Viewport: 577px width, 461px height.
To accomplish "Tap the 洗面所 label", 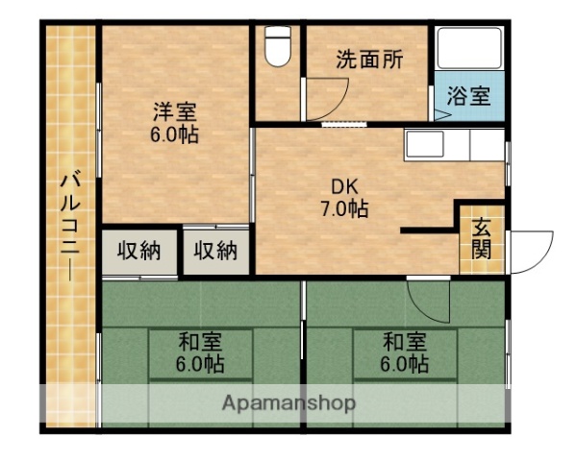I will click(368, 59).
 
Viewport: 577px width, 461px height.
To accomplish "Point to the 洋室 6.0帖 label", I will click(174, 121).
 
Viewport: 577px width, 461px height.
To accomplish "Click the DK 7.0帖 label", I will click(344, 195).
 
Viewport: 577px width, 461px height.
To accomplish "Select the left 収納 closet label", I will click(139, 251).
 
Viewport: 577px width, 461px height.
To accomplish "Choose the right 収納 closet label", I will click(215, 251).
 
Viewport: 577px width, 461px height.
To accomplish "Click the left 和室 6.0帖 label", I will click(200, 352).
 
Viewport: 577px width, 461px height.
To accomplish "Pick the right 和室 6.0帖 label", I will click(404, 352).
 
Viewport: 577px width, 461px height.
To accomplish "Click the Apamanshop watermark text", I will click(288, 402).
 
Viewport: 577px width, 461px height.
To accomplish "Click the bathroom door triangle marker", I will click(440, 114).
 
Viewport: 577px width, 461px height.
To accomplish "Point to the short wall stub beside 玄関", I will click(429, 230).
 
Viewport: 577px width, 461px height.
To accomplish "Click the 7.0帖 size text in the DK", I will click(344, 206).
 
